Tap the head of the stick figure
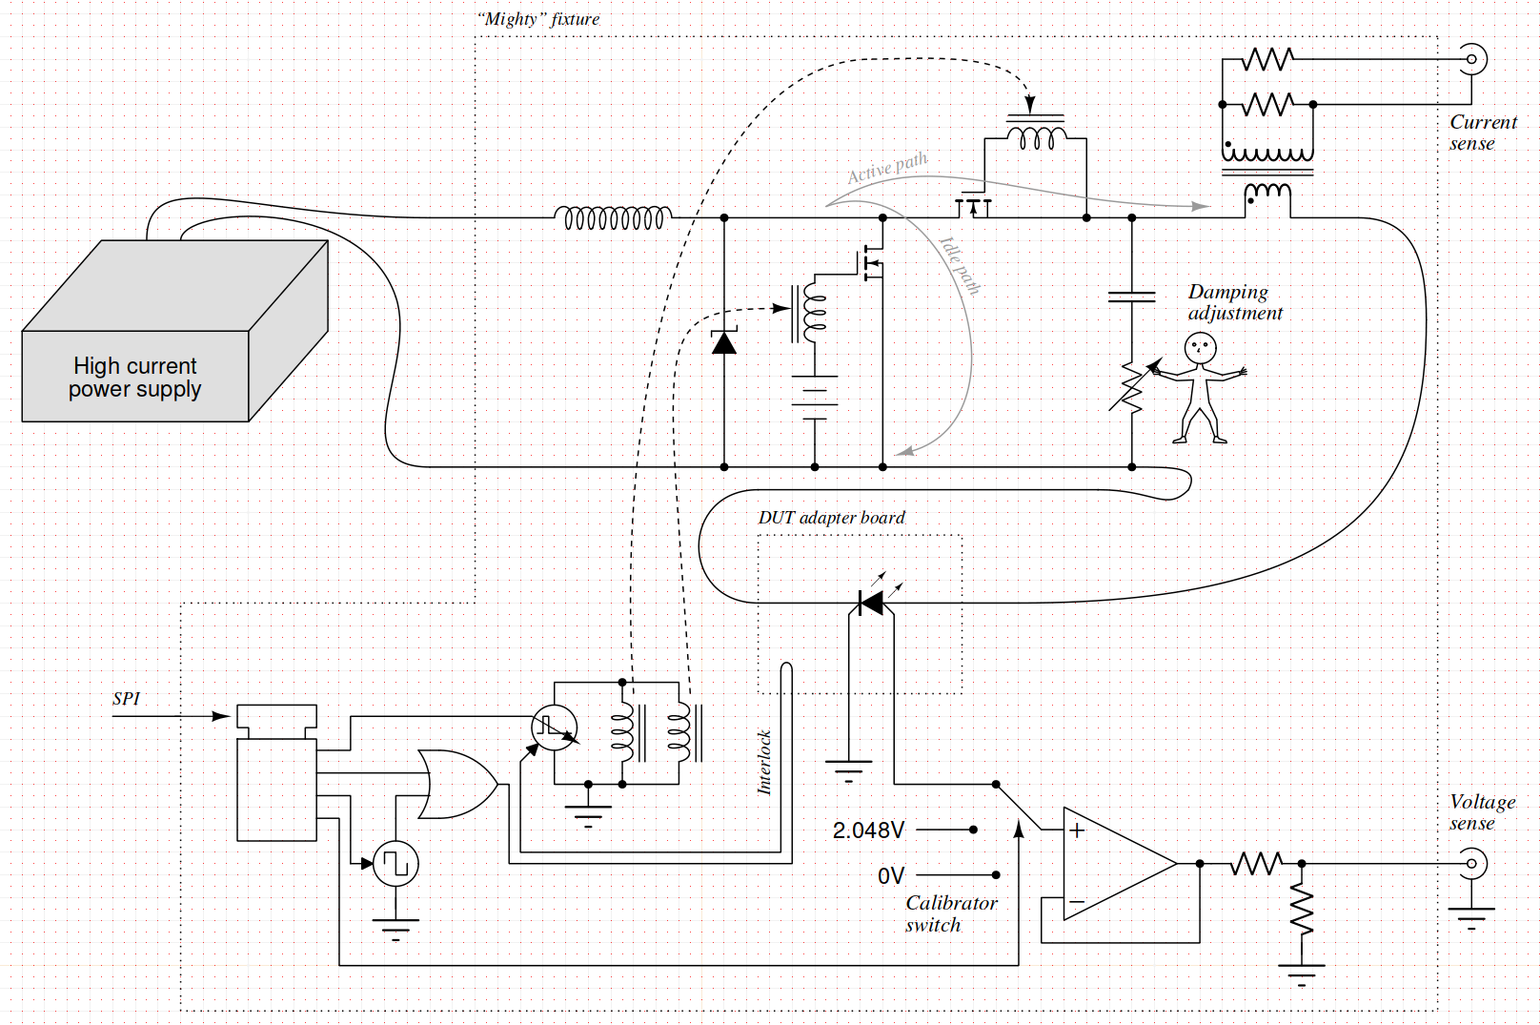[x=1200, y=348]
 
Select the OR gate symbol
[x=456, y=784]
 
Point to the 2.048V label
[x=868, y=830]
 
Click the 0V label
[x=891, y=876]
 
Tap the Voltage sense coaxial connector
[x=1471, y=864]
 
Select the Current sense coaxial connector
[x=1471, y=59]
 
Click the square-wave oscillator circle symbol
[x=395, y=864]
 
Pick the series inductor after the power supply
[x=614, y=218]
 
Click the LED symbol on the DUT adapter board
[x=872, y=603]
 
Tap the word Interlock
[x=764, y=762]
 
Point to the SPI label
[x=127, y=699]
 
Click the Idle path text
[x=960, y=266]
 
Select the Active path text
[x=887, y=168]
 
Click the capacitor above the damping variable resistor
[x=1132, y=297]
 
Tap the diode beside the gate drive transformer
[x=724, y=342]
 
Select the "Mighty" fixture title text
[x=538, y=19]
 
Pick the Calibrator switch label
[x=950, y=913]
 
